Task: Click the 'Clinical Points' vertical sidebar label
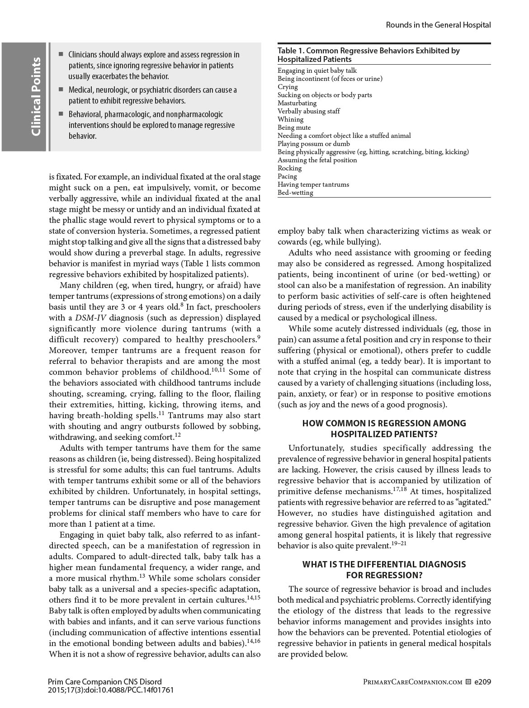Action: [x=36, y=97]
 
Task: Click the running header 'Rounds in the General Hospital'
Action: [x=438, y=25]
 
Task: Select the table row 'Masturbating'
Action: [x=297, y=103]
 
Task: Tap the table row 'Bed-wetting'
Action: [x=295, y=193]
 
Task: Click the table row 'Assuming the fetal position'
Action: [x=317, y=160]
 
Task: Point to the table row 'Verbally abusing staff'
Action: [x=308, y=111]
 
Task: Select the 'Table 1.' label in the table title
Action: [x=291, y=51]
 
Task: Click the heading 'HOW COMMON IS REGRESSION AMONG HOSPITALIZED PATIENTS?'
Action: [x=384, y=429]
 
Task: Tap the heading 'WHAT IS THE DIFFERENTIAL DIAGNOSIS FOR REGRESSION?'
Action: [x=384, y=570]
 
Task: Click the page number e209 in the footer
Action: [x=482, y=682]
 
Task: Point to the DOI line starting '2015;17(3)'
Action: [x=110, y=690]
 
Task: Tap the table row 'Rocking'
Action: [x=289, y=168]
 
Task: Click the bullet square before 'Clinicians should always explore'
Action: [x=61, y=54]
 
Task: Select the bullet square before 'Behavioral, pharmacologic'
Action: [x=61, y=114]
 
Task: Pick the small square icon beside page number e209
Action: [x=468, y=682]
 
